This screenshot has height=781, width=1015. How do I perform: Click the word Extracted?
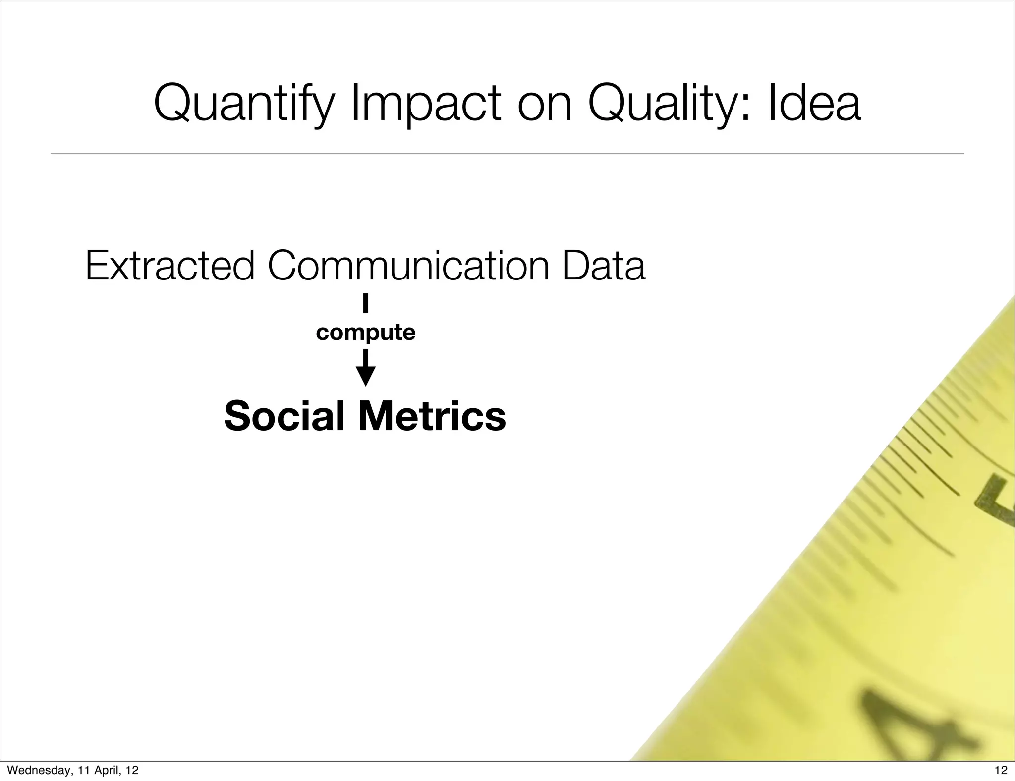click(x=169, y=266)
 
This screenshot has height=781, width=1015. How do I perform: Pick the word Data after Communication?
click(x=604, y=266)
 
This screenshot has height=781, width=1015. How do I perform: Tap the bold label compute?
click(x=365, y=333)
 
